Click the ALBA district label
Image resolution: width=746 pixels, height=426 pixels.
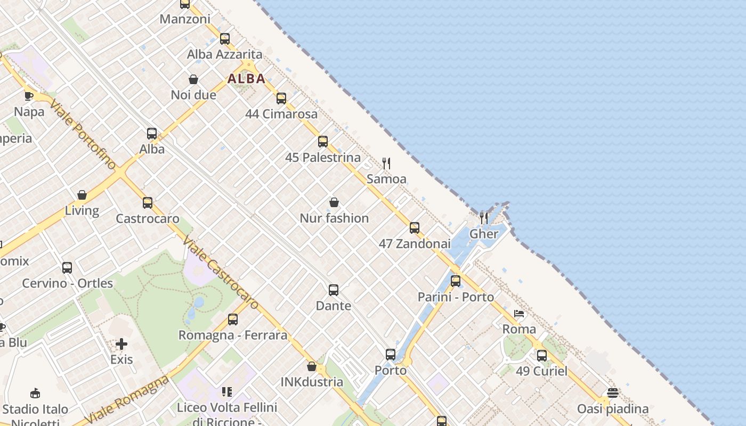pyautogui.click(x=246, y=79)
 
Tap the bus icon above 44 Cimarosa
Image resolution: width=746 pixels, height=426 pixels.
pyautogui.click(x=281, y=99)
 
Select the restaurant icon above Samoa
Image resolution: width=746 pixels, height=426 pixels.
pyautogui.click(x=387, y=163)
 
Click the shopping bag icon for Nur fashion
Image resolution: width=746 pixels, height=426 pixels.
pyautogui.click(x=334, y=202)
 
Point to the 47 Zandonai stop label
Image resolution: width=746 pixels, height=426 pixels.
pyautogui.click(x=415, y=244)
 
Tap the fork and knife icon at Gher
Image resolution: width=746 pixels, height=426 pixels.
pyautogui.click(x=484, y=217)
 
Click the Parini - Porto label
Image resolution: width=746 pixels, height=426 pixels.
pyautogui.click(x=456, y=297)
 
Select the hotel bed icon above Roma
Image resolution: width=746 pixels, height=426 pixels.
pyautogui.click(x=519, y=314)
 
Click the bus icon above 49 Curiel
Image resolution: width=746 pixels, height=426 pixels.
pyautogui.click(x=542, y=355)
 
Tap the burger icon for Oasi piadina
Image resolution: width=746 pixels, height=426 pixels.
pyautogui.click(x=613, y=393)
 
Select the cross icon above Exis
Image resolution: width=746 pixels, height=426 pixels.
pyautogui.click(x=121, y=344)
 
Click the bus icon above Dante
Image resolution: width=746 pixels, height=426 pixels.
pyautogui.click(x=334, y=290)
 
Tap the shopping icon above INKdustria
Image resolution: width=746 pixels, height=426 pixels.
pyautogui.click(x=312, y=366)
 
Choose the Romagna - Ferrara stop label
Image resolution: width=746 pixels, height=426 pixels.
pyautogui.click(x=233, y=335)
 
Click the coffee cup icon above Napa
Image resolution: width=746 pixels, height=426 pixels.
pyautogui.click(x=29, y=96)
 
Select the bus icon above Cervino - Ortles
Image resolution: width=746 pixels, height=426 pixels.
pyautogui.click(x=67, y=267)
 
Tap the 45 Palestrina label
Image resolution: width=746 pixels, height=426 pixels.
pyautogui.click(x=323, y=158)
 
